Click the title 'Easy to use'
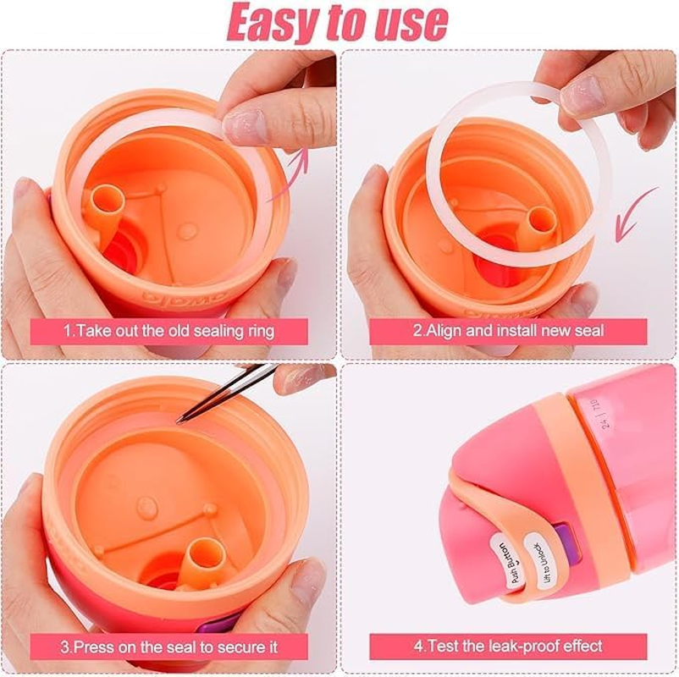(339, 24)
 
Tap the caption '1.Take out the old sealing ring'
(169, 330)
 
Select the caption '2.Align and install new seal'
(508, 330)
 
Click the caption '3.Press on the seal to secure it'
(169, 647)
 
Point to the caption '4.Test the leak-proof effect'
(508, 646)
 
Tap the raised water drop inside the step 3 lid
(147, 508)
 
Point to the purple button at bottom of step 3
(215, 625)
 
